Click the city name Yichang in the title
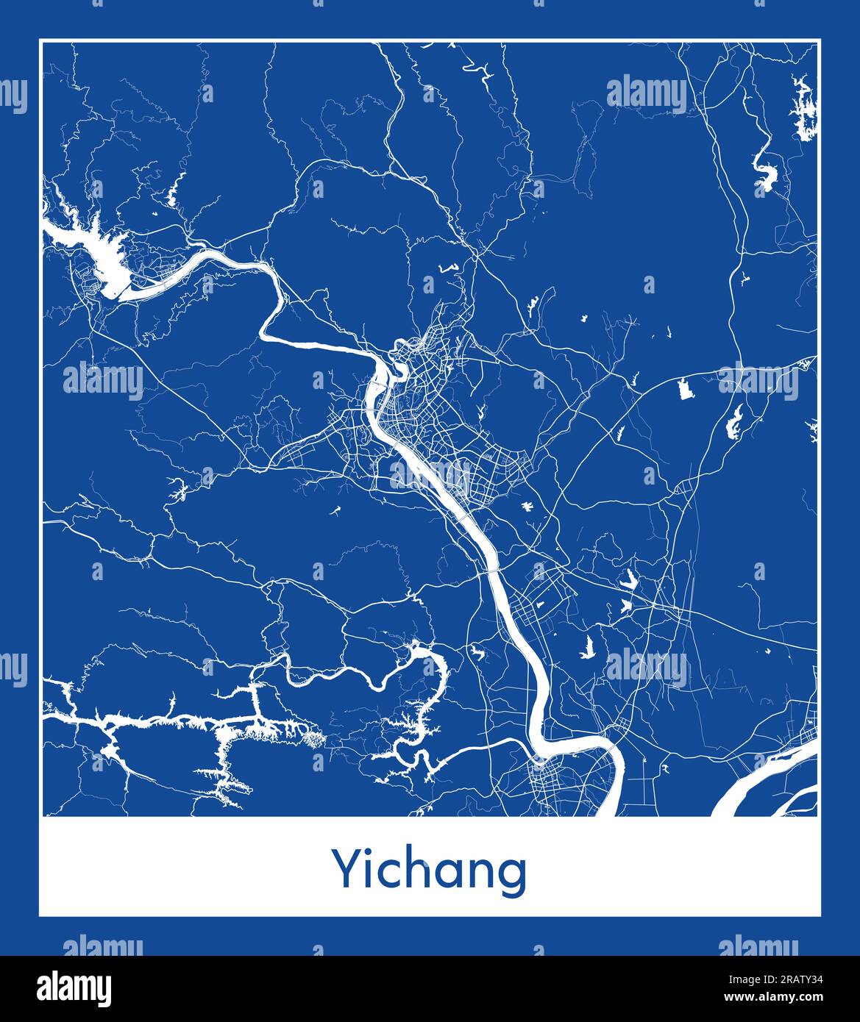click(430, 871)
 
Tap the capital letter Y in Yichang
click(345, 869)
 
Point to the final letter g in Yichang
click(513, 875)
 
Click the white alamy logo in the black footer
click(75, 987)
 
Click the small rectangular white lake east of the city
click(686, 389)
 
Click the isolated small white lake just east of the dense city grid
click(527, 507)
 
